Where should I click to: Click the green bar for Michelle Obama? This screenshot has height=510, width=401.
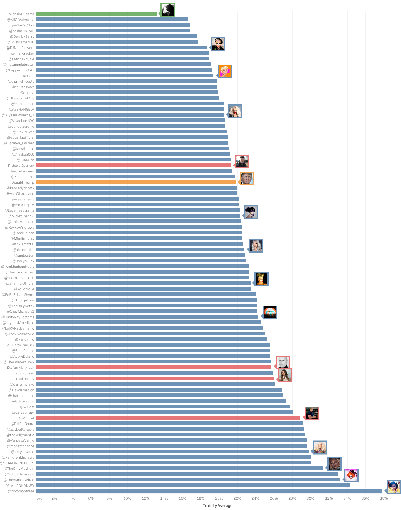(x=96, y=14)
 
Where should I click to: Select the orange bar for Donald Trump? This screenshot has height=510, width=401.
(x=136, y=182)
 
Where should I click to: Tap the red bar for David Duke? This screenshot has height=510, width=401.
(x=168, y=418)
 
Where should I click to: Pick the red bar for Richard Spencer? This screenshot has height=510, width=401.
(x=133, y=165)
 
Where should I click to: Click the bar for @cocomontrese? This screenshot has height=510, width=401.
(x=209, y=491)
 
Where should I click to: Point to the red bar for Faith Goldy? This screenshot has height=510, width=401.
(x=155, y=378)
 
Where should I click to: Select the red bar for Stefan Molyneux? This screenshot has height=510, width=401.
(x=154, y=367)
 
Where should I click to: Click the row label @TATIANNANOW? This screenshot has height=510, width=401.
(x=20, y=485)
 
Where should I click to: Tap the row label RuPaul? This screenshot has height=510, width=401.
(x=28, y=76)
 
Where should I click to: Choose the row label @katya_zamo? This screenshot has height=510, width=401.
(x=23, y=452)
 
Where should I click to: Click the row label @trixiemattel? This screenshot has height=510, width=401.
(x=23, y=244)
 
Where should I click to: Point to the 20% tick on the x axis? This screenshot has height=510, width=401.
(x=219, y=498)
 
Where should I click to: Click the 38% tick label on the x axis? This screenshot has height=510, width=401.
(x=384, y=498)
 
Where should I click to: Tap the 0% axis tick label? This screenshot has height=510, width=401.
(x=39, y=498)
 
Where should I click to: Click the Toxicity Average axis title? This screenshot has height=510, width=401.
(x=218, y=506)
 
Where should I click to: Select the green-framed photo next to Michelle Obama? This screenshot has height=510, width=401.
(x=168, y=10)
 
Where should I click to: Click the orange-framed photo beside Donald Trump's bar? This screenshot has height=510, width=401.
(x=247, y=179)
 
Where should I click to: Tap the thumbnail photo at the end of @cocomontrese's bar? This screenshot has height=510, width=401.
(x=394, y=487)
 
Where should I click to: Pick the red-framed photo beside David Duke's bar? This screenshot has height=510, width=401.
(x=311, y=413)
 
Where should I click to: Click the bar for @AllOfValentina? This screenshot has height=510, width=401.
(x=112, y=19)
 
